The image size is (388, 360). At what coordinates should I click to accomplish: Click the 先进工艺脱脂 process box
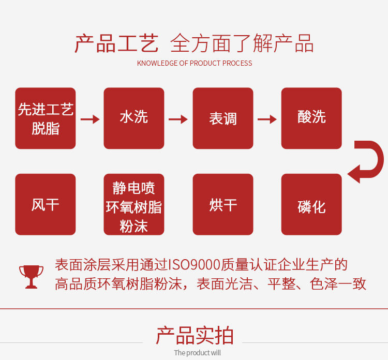click(x=46, y=118)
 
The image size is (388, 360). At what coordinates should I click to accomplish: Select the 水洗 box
click(x=134, y=118)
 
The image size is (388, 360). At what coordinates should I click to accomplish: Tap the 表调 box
click(x=223, y=118)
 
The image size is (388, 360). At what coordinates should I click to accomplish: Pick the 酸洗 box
click(x=311, y=118)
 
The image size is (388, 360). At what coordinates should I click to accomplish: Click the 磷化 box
click(x=311, y=205)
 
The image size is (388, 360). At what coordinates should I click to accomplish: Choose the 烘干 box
click(x=223, y=205)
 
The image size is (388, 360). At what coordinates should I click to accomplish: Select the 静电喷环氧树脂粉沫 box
click(x=134, y=205)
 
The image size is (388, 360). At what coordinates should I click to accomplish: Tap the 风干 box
click(x=46, y=205)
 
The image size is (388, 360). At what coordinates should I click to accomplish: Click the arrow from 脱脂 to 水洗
click(x=89, y=119)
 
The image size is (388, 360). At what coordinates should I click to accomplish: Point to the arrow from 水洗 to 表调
click(x=178, y=119)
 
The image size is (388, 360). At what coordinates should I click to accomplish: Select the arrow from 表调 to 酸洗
click(x=267, y=119)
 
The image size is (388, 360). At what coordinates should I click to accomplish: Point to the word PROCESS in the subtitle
click(x=237, y=63)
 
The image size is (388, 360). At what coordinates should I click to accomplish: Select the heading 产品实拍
click(x=195, y=336)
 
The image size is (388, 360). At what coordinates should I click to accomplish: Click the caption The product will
click(x=197, y=353)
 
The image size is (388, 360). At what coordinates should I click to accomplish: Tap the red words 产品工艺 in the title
click(x=116, y=43)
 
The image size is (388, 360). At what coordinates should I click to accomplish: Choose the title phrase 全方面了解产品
click(x=242, y=43)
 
